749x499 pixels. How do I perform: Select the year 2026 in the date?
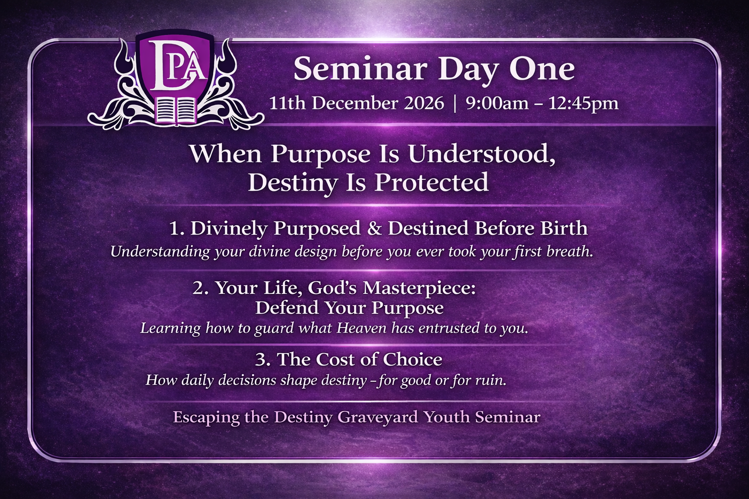tap(424, 104)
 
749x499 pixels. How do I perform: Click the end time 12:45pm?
tap(583, 104)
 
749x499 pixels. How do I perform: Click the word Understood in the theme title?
tap(481, 155)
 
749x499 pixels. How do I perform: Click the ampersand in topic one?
tap(374, 229)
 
